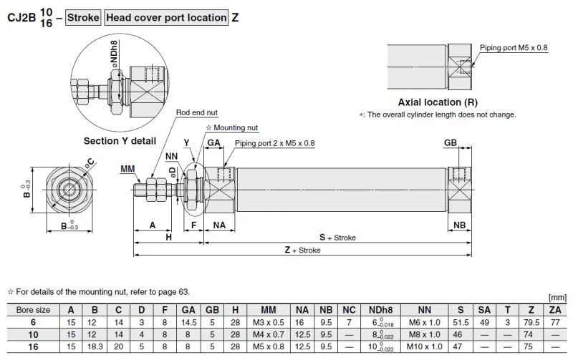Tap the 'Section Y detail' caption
click(119, 140)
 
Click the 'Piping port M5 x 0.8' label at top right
click(513, 47)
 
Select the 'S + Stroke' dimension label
click(337, 238)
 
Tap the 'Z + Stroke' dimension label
click(302, 250)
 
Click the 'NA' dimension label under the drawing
click(220, 225)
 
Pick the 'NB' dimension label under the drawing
click(461, 225)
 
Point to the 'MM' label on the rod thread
click(127, 169)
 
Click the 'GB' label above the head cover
click(450, 143)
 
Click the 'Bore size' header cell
click(33, 310)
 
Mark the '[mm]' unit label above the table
click(557, 296)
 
